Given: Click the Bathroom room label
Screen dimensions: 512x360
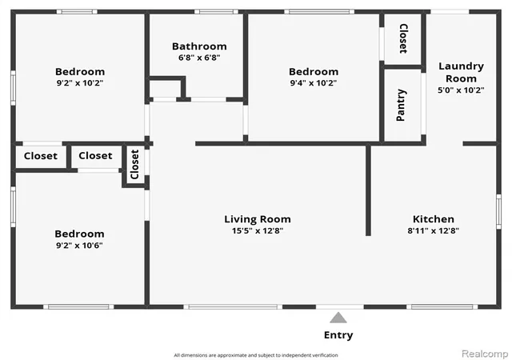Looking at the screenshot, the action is point(199,46).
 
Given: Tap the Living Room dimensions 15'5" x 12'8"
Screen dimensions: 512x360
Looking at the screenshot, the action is point(258,230).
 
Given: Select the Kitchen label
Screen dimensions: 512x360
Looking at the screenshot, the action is point(434,219).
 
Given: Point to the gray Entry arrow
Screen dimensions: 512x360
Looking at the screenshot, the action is point(338,318).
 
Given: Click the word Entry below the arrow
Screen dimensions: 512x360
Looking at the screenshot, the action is point(338,335).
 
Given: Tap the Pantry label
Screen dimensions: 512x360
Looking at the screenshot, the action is point(402,105).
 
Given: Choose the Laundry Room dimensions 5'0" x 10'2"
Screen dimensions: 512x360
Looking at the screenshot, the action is point(461,90).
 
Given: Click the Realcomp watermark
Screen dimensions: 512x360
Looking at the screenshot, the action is point(485,354).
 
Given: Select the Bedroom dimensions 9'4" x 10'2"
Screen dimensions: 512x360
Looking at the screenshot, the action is point(314,83).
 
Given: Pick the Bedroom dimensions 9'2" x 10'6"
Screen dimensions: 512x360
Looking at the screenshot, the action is point(79,246).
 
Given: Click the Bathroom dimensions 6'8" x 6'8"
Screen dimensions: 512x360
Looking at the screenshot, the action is point(199,58).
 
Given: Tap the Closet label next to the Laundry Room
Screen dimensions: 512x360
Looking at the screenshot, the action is point(403,38).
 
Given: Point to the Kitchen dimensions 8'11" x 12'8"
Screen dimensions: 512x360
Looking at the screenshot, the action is point(434,230).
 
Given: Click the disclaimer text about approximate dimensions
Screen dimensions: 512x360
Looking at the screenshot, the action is point(256,355).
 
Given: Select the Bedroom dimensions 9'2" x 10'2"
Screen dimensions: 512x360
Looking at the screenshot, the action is point(80,83).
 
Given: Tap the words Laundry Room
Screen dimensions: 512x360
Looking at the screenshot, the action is point(461,72).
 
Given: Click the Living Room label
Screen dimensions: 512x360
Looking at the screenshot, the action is point(258,219).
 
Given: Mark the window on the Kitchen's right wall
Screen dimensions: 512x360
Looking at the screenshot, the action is point(498,211).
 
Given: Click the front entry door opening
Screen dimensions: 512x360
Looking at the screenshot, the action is point(339,306).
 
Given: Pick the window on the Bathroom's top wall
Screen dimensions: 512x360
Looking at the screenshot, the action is point(216,12).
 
